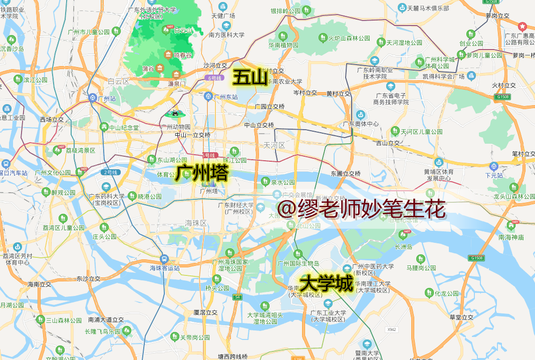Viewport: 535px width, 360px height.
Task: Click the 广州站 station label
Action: coord(107,99)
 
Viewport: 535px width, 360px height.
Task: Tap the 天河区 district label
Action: coord(275,145)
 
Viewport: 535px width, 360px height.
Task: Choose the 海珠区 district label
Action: coord(196,223)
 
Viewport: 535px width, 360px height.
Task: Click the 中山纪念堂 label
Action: coord(123,127)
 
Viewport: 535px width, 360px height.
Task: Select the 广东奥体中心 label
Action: coord(360,124)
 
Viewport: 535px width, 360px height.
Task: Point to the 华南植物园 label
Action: coord(283,45)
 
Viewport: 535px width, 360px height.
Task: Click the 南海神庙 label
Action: coord(511,237)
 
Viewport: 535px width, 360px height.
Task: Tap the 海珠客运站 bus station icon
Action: coord(164,259)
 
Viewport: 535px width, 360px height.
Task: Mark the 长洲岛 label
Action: coord(403,246)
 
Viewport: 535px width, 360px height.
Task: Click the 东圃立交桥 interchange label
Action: coord(346,174)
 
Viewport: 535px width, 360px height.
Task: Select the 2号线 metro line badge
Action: coord(110,172)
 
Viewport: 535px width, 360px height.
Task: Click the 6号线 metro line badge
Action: coord(214,78)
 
